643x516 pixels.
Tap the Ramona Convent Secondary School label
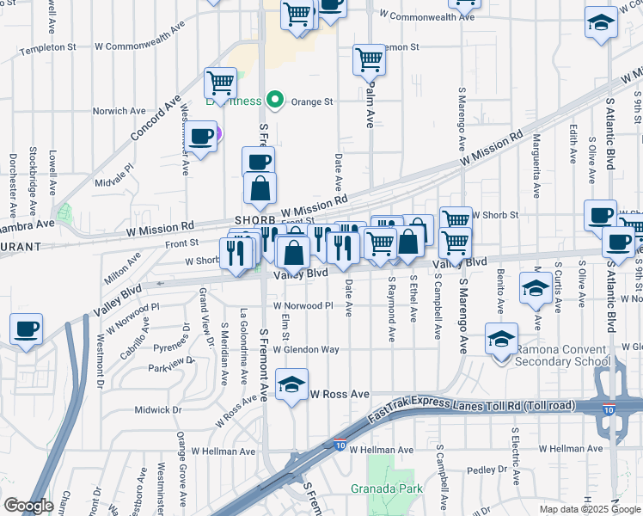click(x=562, y=355)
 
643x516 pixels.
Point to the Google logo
click(x=28, y=506)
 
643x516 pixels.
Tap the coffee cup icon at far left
click(x=27, y=329)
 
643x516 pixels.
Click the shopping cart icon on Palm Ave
click(x=369, y=60)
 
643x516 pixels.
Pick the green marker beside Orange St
click(x=275, y=101)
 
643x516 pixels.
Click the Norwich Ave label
click(x=119, y=111)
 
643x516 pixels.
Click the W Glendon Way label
click(x=306, y=350)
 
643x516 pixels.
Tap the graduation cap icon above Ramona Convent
click(x=536, y=289)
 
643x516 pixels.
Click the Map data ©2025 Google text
click(x=589, y=508)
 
